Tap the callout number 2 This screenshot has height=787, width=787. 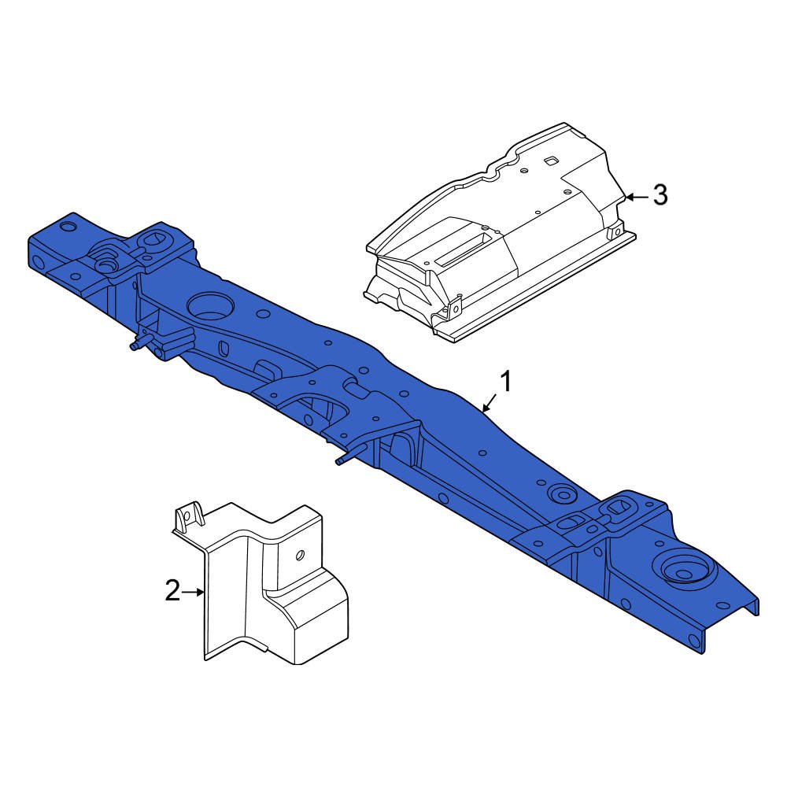click(x=172, y=590)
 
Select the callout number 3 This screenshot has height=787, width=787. click(x=660, y=194)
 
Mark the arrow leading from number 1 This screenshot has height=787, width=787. click(x=489, y=405)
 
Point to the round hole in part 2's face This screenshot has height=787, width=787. click(x=299, y=555)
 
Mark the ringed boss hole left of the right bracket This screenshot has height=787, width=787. click(x=562, y=495)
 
